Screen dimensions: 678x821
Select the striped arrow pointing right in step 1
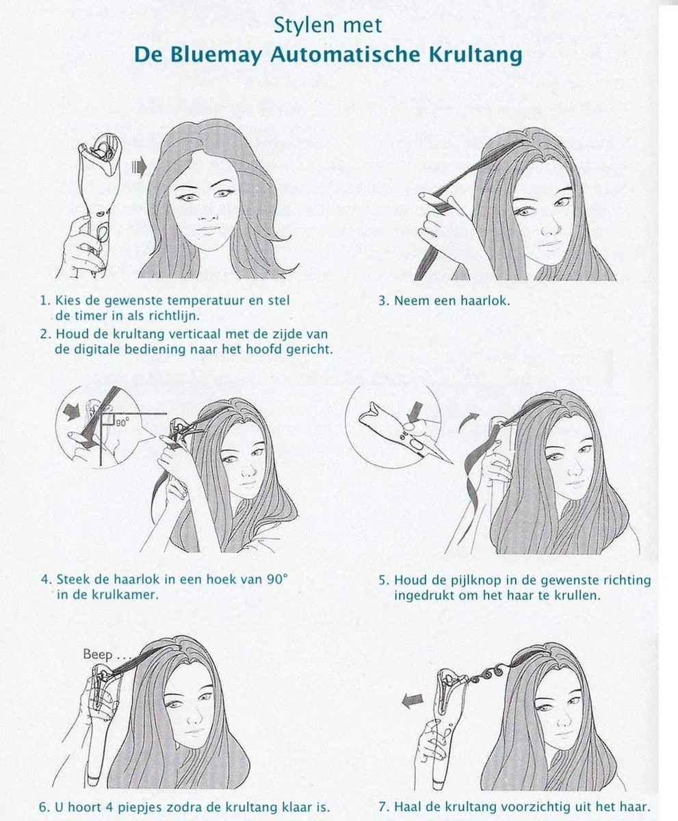point(139,167)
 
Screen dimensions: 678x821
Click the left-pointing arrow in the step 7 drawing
point(412,701)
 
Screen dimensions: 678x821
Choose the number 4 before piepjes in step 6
point(109,807)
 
